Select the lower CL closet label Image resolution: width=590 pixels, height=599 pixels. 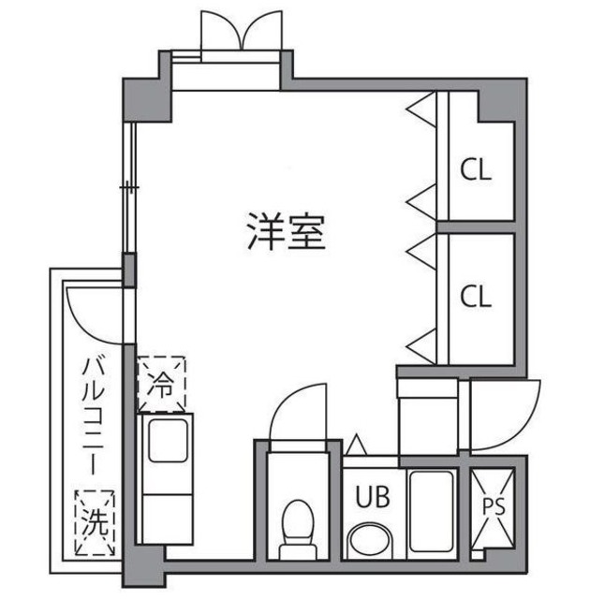(x=476, y=297)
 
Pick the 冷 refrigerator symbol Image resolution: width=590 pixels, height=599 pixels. (x=162, y=385)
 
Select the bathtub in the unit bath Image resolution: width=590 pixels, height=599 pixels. (x=430, y=511)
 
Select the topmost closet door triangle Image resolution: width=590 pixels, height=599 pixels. (x=420, y=108)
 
